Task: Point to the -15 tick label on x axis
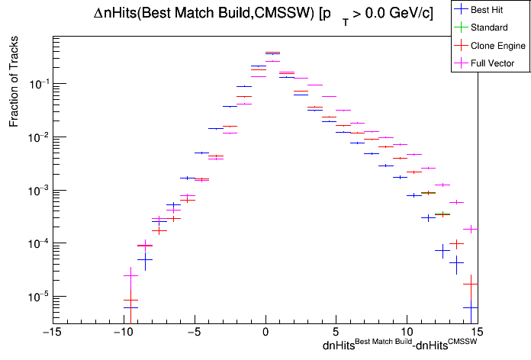[51, 332]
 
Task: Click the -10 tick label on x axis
[122, 332]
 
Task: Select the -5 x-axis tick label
[194, 332]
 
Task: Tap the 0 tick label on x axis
[265, 332]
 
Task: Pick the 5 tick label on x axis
[336, 332]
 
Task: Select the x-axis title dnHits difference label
[400, 346]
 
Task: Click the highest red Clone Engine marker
[272, 53]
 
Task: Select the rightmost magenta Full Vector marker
[471, 228]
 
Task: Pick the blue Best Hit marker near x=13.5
[457, 262]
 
